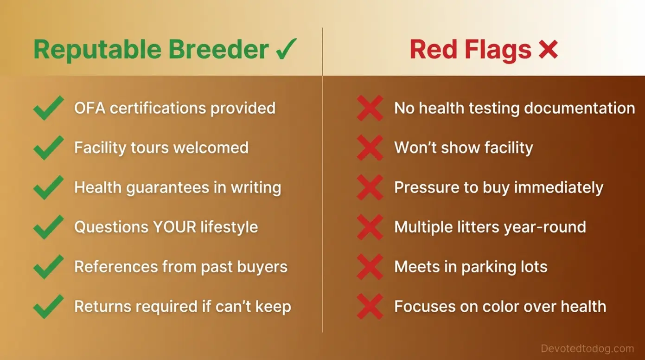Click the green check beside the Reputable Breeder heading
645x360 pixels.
[286, 49]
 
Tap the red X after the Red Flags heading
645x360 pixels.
[548, 49]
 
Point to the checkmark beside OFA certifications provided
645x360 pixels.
[48, 108]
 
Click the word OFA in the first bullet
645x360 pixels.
[89, 108]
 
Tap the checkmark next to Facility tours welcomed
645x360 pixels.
[48, 148]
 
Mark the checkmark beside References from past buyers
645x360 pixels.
[48, 267]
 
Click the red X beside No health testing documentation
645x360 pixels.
[370, 108]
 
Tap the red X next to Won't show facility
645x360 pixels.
[370, 148]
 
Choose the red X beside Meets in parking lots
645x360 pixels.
[370, 267]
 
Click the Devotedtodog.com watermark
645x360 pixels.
[587, 348]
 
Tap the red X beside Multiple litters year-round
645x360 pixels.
[370, 227]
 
